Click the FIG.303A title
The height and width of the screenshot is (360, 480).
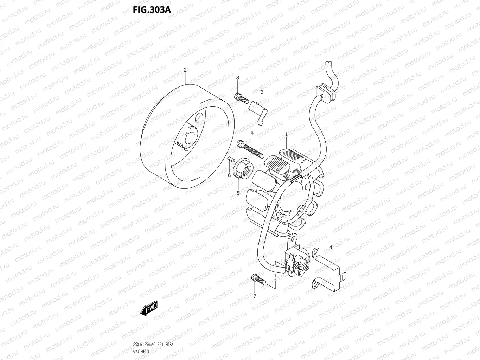tap(152, 10)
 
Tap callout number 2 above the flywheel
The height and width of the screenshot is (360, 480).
tap(185, 70)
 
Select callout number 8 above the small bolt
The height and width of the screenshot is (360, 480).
tap(238, 78)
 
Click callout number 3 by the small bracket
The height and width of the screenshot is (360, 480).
tap(262, 92)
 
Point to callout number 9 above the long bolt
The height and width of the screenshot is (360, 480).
tap(252, 134)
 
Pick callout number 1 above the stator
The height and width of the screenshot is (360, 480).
tap(287, 134)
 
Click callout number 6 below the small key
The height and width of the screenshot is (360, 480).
tap(229, 175)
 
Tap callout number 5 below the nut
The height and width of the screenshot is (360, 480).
tap(238, 193)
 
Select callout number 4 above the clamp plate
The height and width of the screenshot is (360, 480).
tap(331, 247)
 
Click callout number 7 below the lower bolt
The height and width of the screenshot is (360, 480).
tap(255, 296)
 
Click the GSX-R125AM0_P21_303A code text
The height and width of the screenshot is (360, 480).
tap(153, 344)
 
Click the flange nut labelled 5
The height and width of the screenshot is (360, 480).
tap(243, 168)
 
